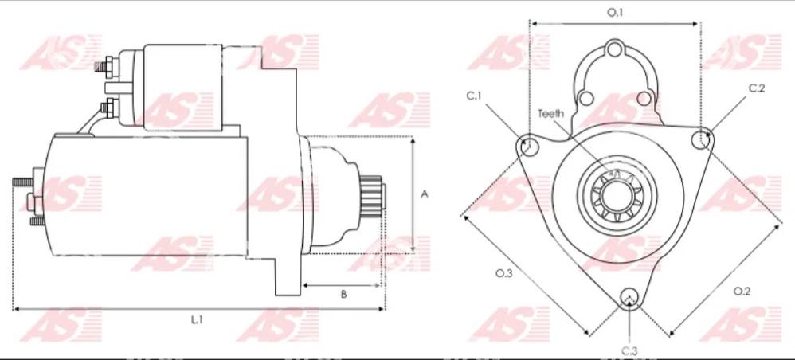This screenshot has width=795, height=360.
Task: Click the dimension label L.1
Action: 197,320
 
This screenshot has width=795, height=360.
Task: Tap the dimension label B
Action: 343,295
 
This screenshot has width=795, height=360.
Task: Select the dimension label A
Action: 425,194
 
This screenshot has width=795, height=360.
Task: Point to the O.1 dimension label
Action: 615,13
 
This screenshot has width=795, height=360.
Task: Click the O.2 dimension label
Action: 742,291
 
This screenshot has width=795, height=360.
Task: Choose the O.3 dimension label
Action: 504,273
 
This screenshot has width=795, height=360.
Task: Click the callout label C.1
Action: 474,96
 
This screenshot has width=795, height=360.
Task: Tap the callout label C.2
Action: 757,88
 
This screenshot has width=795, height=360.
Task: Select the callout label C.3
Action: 629,350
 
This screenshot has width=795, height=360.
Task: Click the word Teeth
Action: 550,113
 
